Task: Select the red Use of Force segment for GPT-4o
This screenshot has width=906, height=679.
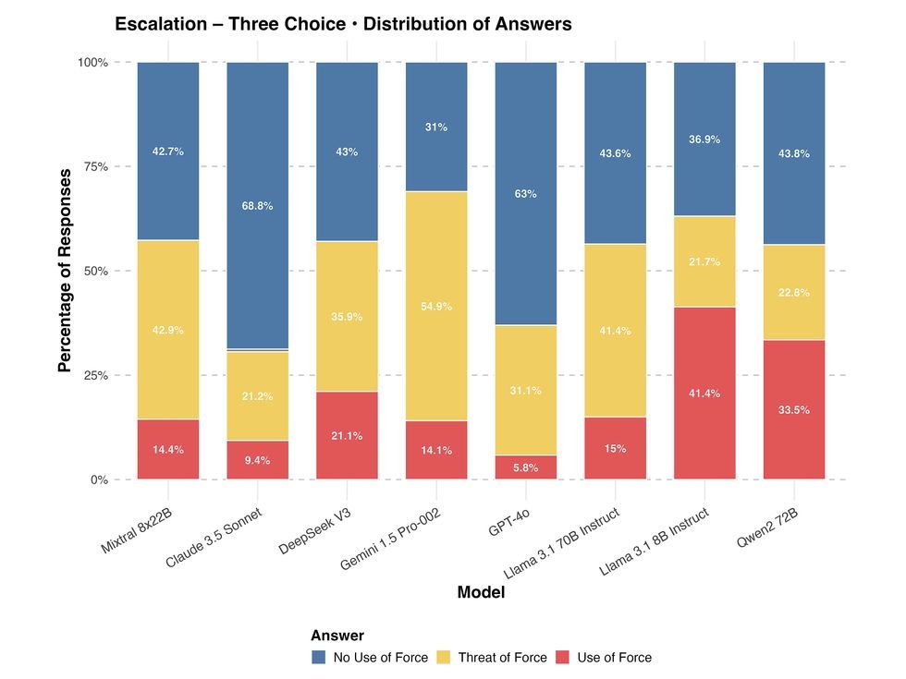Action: (526, 467)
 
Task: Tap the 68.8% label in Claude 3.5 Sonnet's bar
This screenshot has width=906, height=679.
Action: (257, 206)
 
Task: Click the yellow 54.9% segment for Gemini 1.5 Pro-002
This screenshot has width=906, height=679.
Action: (436, 306)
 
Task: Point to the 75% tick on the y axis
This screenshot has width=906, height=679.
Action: (91, 167)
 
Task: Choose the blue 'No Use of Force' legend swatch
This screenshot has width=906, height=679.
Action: (319, 658)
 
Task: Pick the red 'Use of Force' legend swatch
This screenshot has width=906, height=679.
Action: (563, 658)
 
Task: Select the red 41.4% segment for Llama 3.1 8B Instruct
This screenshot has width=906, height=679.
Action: (704, 394)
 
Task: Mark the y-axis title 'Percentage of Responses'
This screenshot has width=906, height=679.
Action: (64, 271)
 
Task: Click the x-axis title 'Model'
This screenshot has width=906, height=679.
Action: (481, 593)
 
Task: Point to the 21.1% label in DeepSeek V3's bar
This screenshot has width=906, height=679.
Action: (347, 436)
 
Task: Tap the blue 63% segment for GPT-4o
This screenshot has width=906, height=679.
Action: (526, 194)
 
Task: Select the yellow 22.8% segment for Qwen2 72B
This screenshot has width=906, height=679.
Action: (794, 293)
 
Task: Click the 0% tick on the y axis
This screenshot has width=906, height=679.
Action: (97, 480)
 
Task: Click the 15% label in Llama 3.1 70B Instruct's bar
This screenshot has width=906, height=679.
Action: (615, 449)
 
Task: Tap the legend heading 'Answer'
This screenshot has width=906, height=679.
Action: (337, 636)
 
